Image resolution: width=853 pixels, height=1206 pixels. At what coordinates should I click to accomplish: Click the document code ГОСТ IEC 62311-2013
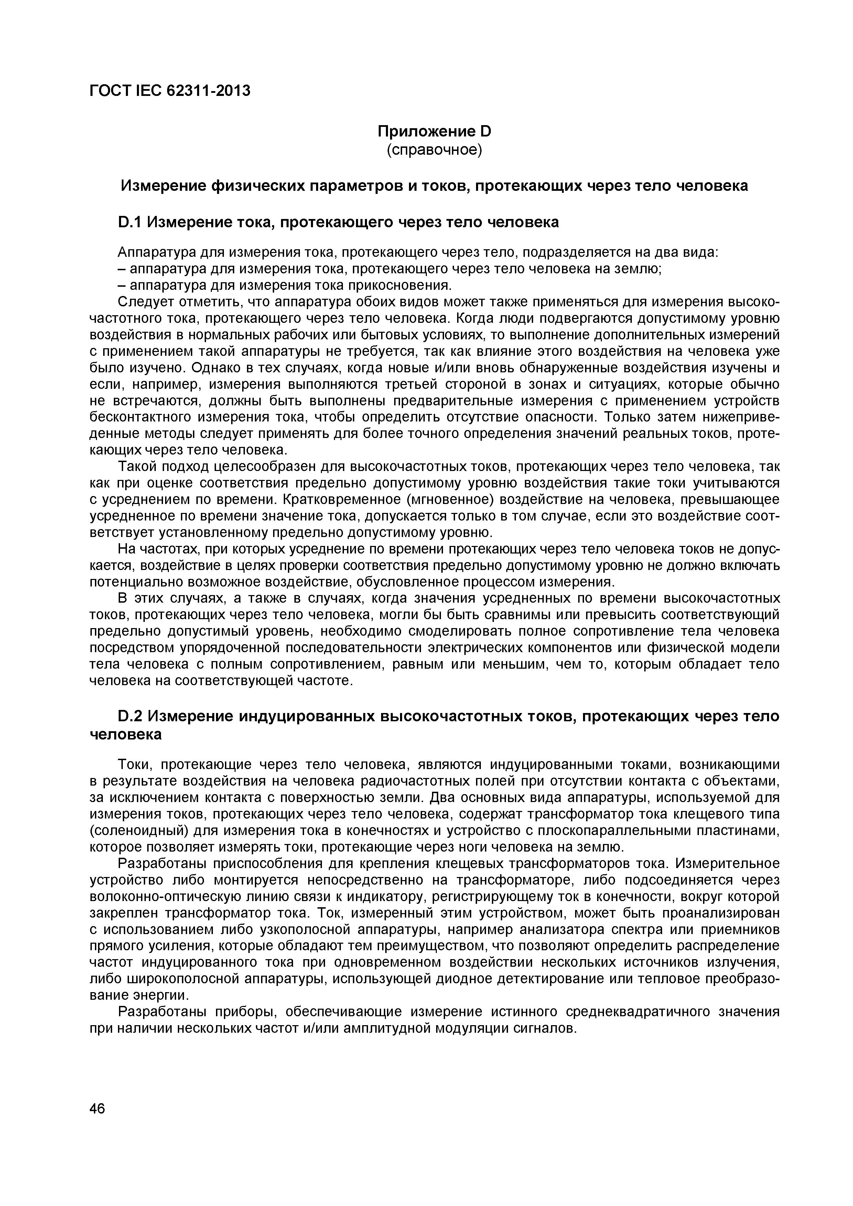[170, 91]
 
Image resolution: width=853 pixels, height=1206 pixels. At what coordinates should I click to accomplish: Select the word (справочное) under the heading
[434, 150]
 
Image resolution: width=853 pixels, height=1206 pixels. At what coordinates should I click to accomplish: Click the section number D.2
[129, 716]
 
